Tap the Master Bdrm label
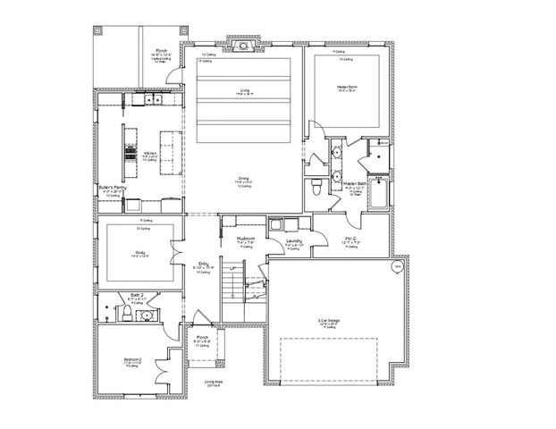(348, 87)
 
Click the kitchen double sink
(142, 101)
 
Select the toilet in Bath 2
(126, 314)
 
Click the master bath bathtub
(378, 193)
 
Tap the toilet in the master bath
(318, 185)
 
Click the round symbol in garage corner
(398, 265)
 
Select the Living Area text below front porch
(212, 383)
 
